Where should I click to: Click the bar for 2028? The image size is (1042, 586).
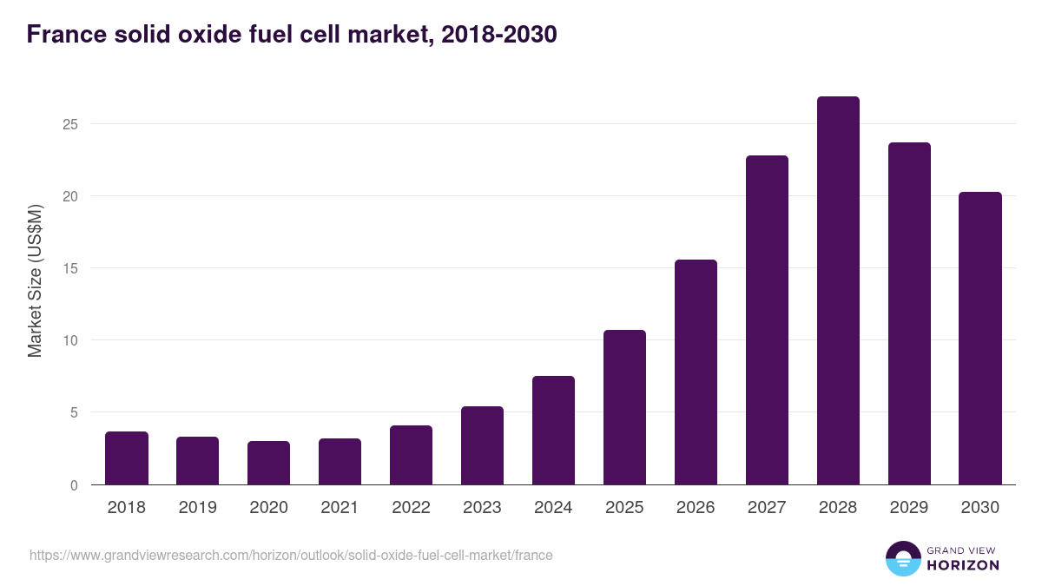[x=838, y=291]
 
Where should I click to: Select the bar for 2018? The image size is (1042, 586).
[x=127, y=458]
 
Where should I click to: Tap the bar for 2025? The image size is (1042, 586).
[x=624, y=407]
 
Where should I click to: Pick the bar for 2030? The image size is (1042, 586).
[x=980, y=339]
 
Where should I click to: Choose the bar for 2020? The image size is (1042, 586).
[x=268, y=463]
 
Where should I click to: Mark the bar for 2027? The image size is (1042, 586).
[x=767, y=320]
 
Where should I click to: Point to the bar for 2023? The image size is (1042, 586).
[x=482, y=445]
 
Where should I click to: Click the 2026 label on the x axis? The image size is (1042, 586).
[x=696, y=508]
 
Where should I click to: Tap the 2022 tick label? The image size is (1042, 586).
[x=411, y=508]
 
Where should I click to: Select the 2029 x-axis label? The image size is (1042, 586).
[x=909, y=508]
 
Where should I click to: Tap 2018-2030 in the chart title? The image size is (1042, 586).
[x=498, y=35]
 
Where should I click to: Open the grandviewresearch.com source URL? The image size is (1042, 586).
[x=291, y=555]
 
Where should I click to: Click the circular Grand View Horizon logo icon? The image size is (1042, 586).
[x=902, y=558]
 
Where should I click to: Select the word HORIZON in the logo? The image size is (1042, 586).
[x=962, y=565]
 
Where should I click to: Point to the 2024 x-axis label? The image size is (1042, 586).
[x=553, y=508]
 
